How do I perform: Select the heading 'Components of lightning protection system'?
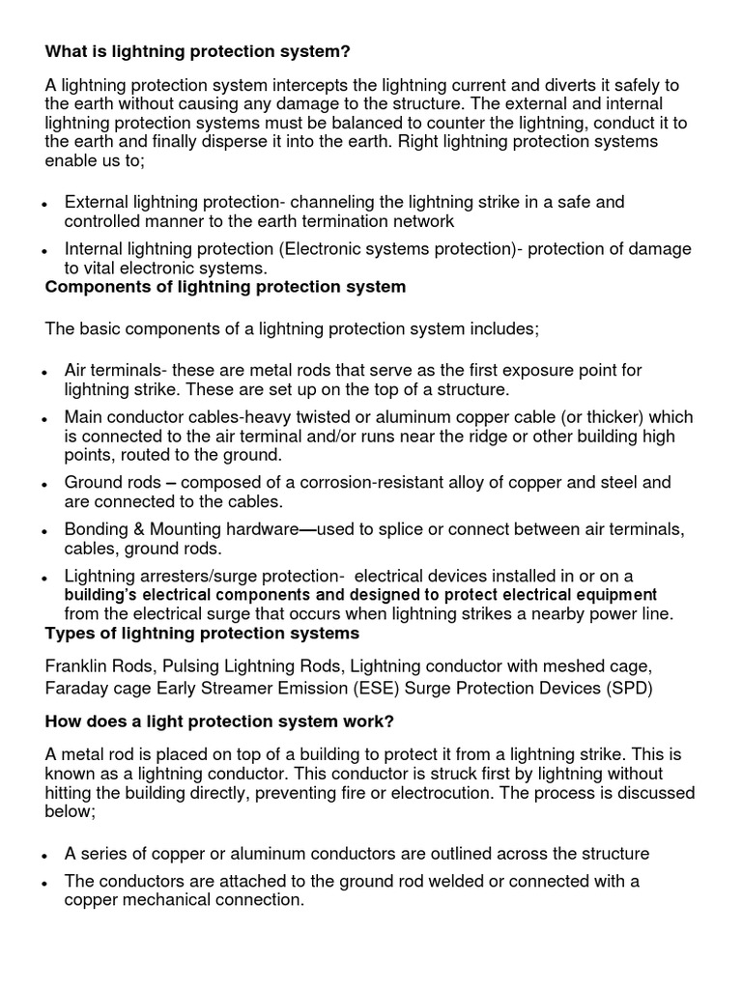coord(225,288)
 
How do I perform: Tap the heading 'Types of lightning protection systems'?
coord(202,634)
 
